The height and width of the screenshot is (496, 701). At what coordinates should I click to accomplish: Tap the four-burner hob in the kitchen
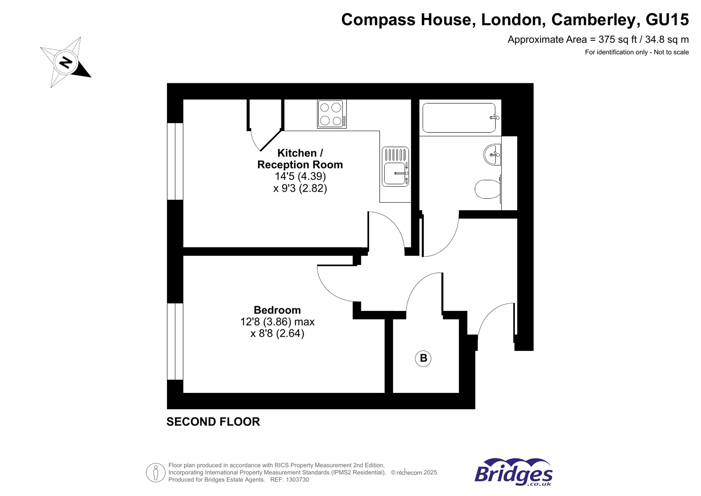point(331,114)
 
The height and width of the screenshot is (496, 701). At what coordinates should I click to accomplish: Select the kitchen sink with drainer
point(395,167)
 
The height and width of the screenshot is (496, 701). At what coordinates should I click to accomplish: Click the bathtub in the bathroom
point(459,118)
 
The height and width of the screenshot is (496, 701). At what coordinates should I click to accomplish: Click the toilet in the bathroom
point(487,189)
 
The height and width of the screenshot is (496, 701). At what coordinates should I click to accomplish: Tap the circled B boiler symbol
point(423,358)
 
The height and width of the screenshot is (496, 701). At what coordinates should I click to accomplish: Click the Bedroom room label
point(277,310)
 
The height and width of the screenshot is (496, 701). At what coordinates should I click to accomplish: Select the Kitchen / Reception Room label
point(300,159)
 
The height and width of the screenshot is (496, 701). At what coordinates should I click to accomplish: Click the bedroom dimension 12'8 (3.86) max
point(277,322)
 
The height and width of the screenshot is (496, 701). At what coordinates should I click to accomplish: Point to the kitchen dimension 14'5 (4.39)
point(300,176)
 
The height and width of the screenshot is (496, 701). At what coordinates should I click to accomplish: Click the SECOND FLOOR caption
point(213,421)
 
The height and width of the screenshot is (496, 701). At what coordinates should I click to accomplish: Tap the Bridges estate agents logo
point(513,472)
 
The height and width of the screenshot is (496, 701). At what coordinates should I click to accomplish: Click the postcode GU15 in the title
point(667,20)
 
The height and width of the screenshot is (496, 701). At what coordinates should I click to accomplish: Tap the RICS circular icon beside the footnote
point(155,472)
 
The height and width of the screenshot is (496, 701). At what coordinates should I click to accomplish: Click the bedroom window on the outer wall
point(175,341)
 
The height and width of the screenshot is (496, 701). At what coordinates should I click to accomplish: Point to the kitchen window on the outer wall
point(175,161)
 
